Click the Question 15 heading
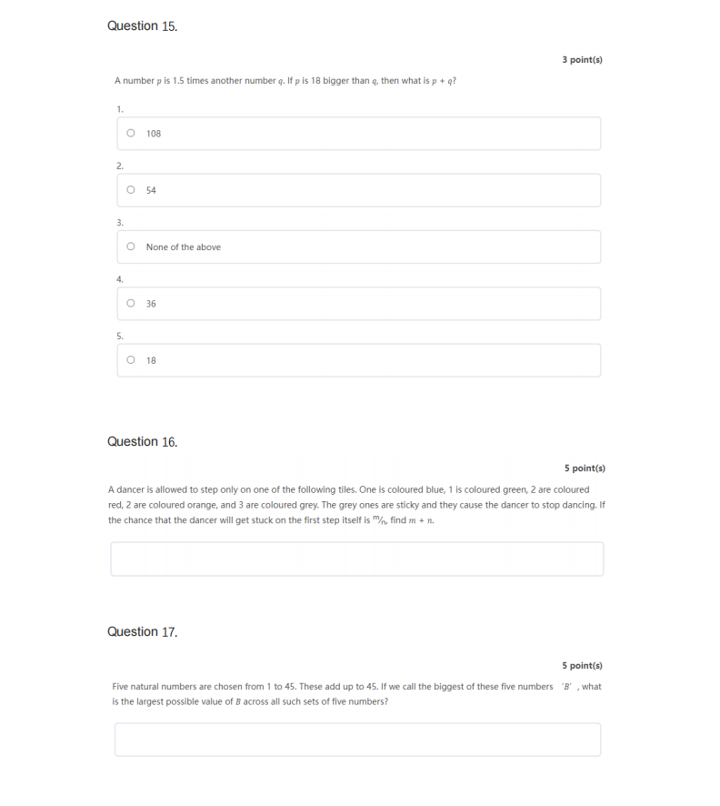coord(142,26)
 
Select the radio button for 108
coord(131,133)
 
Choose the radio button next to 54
coord(131,189)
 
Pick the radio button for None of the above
coord(131,247)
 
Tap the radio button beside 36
coord(131,303)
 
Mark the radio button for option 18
coord(131,359)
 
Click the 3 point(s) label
coord(582,60)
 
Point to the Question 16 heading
coord(142,442)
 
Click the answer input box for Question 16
coord(356,559)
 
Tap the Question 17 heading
coord(142,632)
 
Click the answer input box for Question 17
coord(356,740)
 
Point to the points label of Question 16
coord(584,468)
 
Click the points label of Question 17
coord(582,666)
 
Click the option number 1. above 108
coord(119,109)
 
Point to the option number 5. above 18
coord(119,336)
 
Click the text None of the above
coord(183,247)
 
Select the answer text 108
coord(154,134)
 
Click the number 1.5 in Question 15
coord(178,81)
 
